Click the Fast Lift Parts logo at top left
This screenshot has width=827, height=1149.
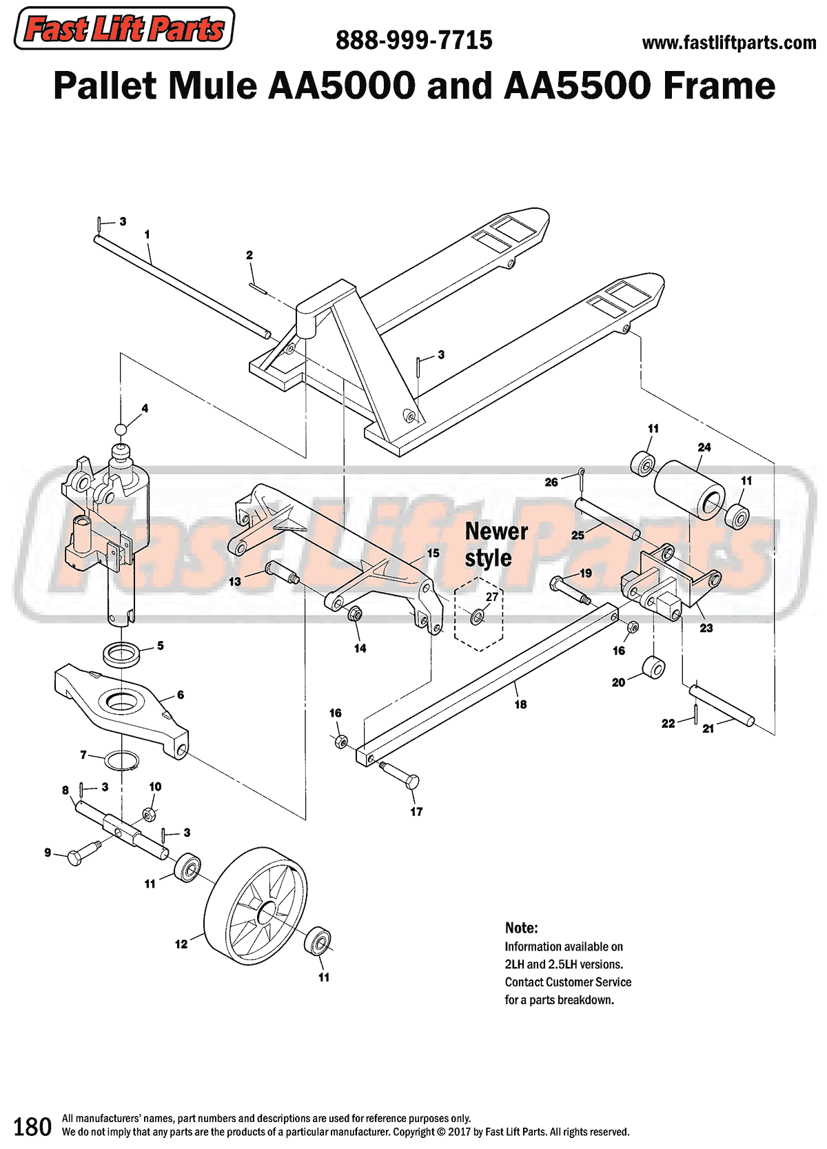[124, 29]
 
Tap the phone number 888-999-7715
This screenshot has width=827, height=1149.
[413, 41]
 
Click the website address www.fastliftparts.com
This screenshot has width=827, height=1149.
[728, 43]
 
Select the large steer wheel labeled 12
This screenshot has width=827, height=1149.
[256, 905]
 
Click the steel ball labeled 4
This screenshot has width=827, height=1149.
[121, 429]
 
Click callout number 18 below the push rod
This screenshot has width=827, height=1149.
[520, 704]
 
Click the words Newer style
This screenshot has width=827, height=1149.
[496, 545]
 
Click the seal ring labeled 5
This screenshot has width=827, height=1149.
[122, 652]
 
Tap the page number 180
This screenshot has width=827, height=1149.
[32, 1126]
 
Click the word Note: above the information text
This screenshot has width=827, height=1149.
[521, 927]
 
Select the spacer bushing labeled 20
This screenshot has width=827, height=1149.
[653, 667]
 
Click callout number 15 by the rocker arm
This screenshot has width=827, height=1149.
[433, 553]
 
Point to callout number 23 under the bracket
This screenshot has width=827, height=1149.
[706, 628]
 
